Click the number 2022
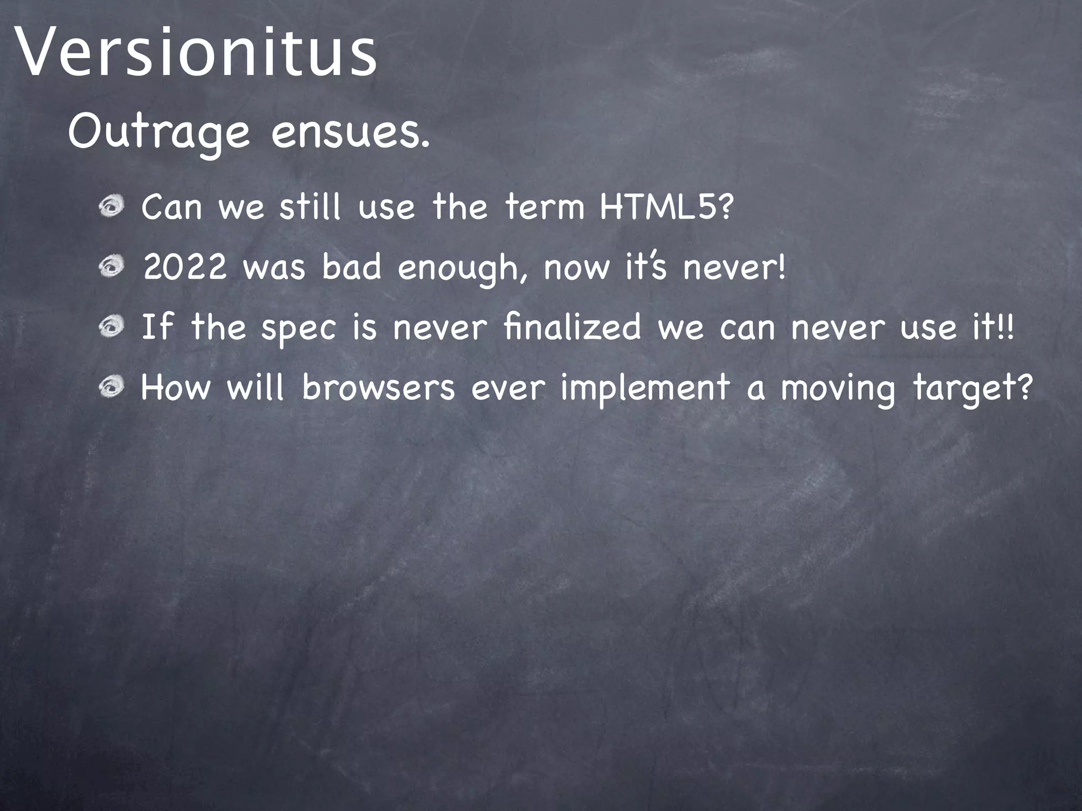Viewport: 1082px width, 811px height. tap(185, 267)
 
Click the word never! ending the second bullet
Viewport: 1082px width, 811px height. tap(734, 267)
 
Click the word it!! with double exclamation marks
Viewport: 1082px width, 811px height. tap(993, 327)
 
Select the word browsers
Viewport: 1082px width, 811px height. tap(378, 387)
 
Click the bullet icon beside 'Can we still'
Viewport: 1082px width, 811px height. tap(111, 208)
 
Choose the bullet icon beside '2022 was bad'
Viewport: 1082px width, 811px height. tap(111, 268)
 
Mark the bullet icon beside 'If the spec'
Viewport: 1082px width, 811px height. tap(111, 328)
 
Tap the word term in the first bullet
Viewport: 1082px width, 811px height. tap(545, 207)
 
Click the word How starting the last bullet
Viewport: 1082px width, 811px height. tap(175, 387)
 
